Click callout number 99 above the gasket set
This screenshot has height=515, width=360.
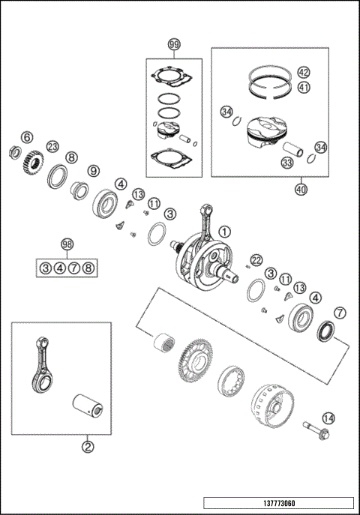174,46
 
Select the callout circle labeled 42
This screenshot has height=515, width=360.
303,73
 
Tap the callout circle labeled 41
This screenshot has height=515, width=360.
303,87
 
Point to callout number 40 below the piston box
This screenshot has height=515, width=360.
301,190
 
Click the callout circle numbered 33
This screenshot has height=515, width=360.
286,162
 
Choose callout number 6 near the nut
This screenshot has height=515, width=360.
26,137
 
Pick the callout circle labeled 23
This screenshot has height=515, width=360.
52,146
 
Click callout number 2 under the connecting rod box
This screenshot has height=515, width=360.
88,448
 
